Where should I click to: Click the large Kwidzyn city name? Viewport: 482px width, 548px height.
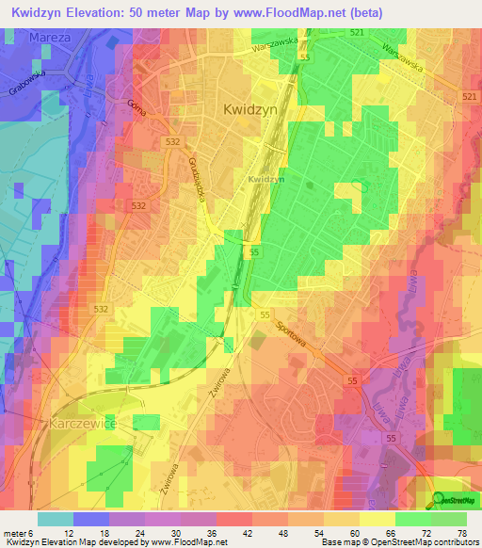tap(251, 109)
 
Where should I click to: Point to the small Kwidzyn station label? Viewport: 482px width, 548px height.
tap(265, 179)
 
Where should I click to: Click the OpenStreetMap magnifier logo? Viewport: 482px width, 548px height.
tap(440, 499)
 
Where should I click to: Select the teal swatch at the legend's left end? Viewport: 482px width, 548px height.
tap(55, 518)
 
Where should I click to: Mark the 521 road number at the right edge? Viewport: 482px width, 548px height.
tap(470, 98)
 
